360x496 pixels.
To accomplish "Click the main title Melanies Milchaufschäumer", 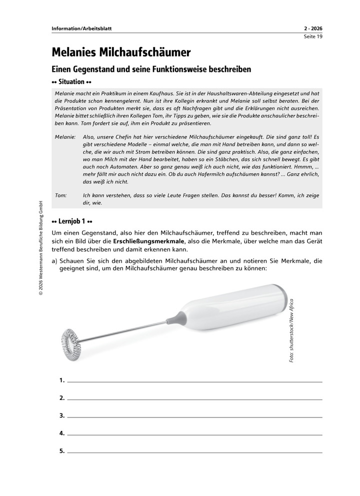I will coord(121,52).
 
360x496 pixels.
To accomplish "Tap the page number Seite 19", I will coord(313,36).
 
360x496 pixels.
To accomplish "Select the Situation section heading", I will coord(72,81).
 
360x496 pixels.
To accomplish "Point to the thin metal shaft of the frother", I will coord(125,330).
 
